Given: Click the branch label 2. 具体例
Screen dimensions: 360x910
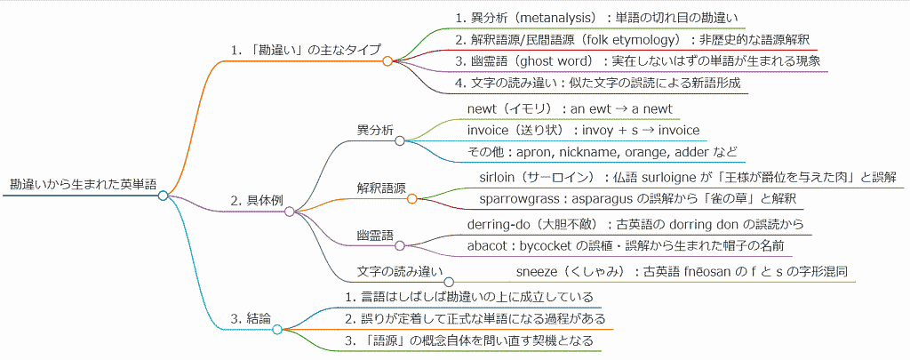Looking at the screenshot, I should click(x=256, y=200).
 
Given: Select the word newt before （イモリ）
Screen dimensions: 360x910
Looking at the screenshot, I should click(x=483, y=108).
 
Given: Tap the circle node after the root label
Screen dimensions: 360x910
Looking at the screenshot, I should click(x=163, y=196).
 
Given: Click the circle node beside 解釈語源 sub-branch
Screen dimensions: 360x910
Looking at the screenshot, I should click(x=411, y=198).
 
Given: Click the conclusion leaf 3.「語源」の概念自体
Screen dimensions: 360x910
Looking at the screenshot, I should click(x=468, y=340).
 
